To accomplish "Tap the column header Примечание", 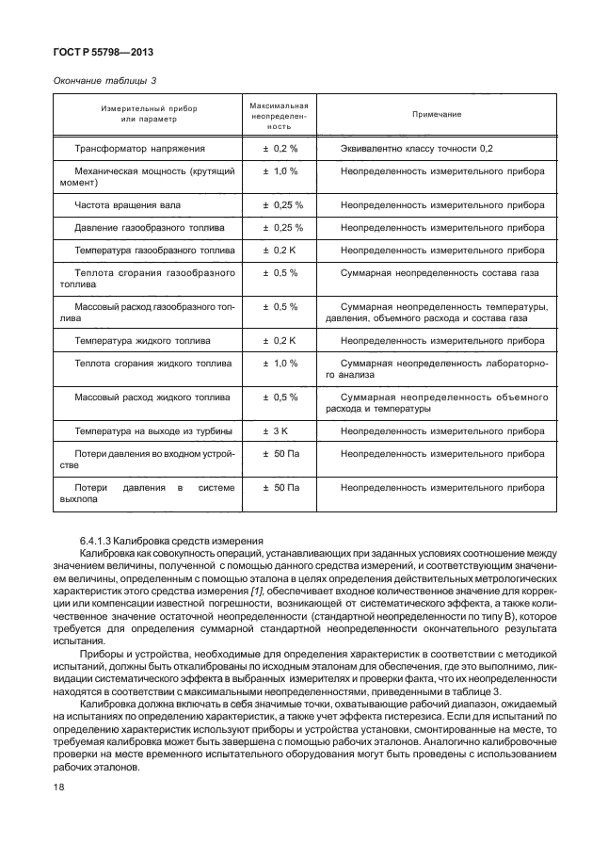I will tap(436, 114).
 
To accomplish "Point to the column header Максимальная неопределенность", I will tap(280, 114).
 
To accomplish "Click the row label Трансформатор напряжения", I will tap(140, 148).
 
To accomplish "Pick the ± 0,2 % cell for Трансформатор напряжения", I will tap(280, 148).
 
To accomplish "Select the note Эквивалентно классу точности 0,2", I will tap(416, 148).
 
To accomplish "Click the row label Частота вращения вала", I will tap(128, 204).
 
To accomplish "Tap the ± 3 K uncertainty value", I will tap(280, 430).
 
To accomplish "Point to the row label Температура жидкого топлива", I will tap(142, 340).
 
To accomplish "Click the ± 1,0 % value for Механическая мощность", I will tap(280, 170).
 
